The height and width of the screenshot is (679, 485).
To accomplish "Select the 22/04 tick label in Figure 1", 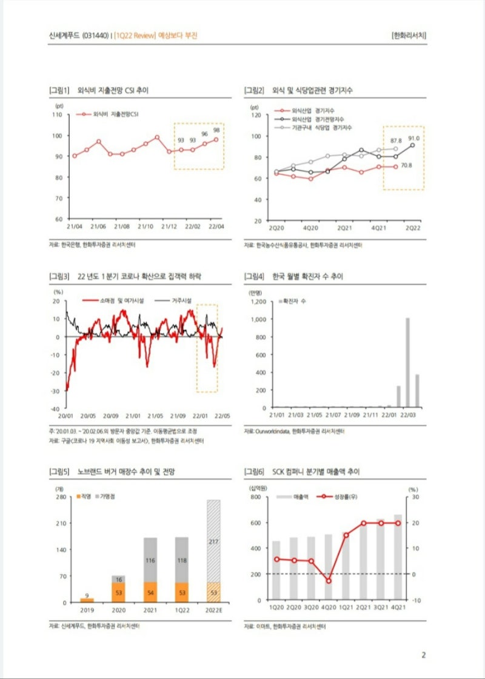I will pyautogui.click(x=216, y=226).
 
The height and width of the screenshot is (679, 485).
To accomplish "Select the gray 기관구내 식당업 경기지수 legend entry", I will pyautogui.click(x=321, y=128).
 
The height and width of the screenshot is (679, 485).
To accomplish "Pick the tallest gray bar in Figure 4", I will pyautogui.click(x=407, y=362).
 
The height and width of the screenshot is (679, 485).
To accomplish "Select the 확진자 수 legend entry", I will pyautogui.click(x=294, y=300).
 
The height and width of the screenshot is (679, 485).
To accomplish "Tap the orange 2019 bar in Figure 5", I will pyautogui.click(x=87, y=600).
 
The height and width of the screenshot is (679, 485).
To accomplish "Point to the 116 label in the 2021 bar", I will pyautogui.click(x=150, y=560).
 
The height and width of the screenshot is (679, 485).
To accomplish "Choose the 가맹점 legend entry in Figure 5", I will pyautogui.click(x=107, y=496).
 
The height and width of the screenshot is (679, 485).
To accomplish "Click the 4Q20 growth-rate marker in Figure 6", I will pyautogui.click(x=329, y=580).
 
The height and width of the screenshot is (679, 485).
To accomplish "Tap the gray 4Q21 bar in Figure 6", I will pyautogui.click(x=398, y=557).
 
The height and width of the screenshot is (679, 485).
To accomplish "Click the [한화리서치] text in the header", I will pyautogui.click(x=409, y=35).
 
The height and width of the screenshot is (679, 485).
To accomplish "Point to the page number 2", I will pyautogui.click(x=424, y=655).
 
